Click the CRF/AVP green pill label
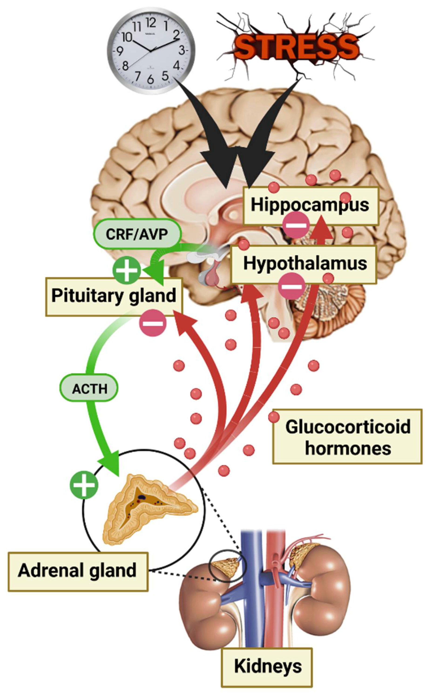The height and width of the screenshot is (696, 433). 137,234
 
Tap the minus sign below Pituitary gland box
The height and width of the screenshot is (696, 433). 153,323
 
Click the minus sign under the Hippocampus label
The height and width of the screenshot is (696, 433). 296,225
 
